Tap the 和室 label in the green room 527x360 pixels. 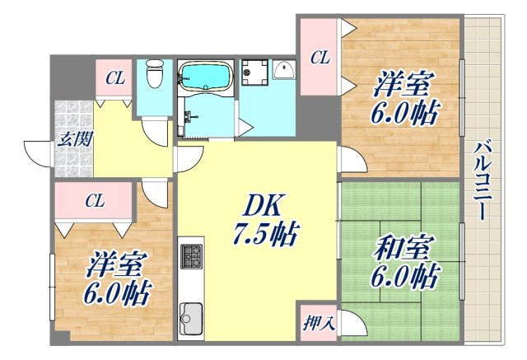pyautogui.click(x=402, y=247)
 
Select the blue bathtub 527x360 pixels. pyautogui.click(x=206, y=76)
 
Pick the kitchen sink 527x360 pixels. pyautogui.click(x=191, y=316)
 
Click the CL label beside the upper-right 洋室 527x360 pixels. pyautogui.click(x=319, y=58)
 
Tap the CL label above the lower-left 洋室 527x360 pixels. pyautogui.click(x=96, y=200)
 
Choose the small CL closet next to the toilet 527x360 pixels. pyautogui.click(x=114, y=79)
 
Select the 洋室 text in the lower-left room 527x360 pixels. pyautogui.click(x=116, y=265)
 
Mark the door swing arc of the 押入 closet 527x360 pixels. pyautogui.click(x=348, y=322)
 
